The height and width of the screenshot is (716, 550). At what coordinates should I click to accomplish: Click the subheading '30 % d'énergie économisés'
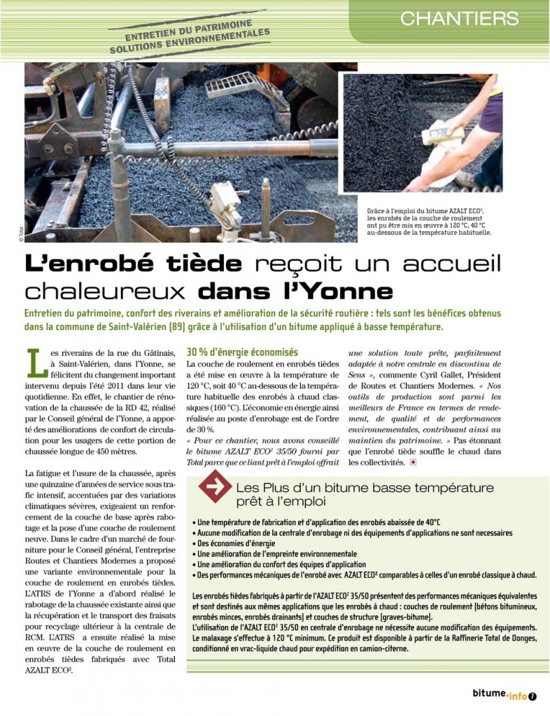tap(242, 352)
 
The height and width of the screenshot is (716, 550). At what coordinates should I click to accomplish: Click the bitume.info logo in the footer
tap(500, 695)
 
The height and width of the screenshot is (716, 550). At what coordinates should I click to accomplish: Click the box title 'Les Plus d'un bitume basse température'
tap(365, 487)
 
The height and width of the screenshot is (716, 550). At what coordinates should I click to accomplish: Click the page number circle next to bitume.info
tap(533, 696)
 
